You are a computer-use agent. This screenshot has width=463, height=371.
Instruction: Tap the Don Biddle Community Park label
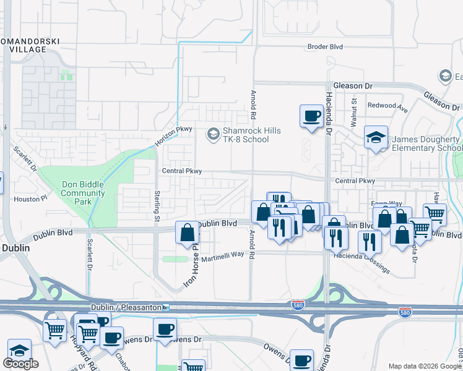click(83, 192)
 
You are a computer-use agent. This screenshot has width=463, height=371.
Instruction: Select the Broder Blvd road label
click(325, 47)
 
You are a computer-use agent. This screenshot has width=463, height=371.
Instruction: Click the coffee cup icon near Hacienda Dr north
click(311, 116)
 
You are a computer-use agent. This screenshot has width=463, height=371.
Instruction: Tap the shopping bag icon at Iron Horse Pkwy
click(187, 233)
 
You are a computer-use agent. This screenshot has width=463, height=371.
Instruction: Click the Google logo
click(20, 364)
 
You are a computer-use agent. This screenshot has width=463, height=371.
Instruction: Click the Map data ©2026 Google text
click(425, 366)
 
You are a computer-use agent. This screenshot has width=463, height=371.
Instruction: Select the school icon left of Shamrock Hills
click(213, 134)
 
